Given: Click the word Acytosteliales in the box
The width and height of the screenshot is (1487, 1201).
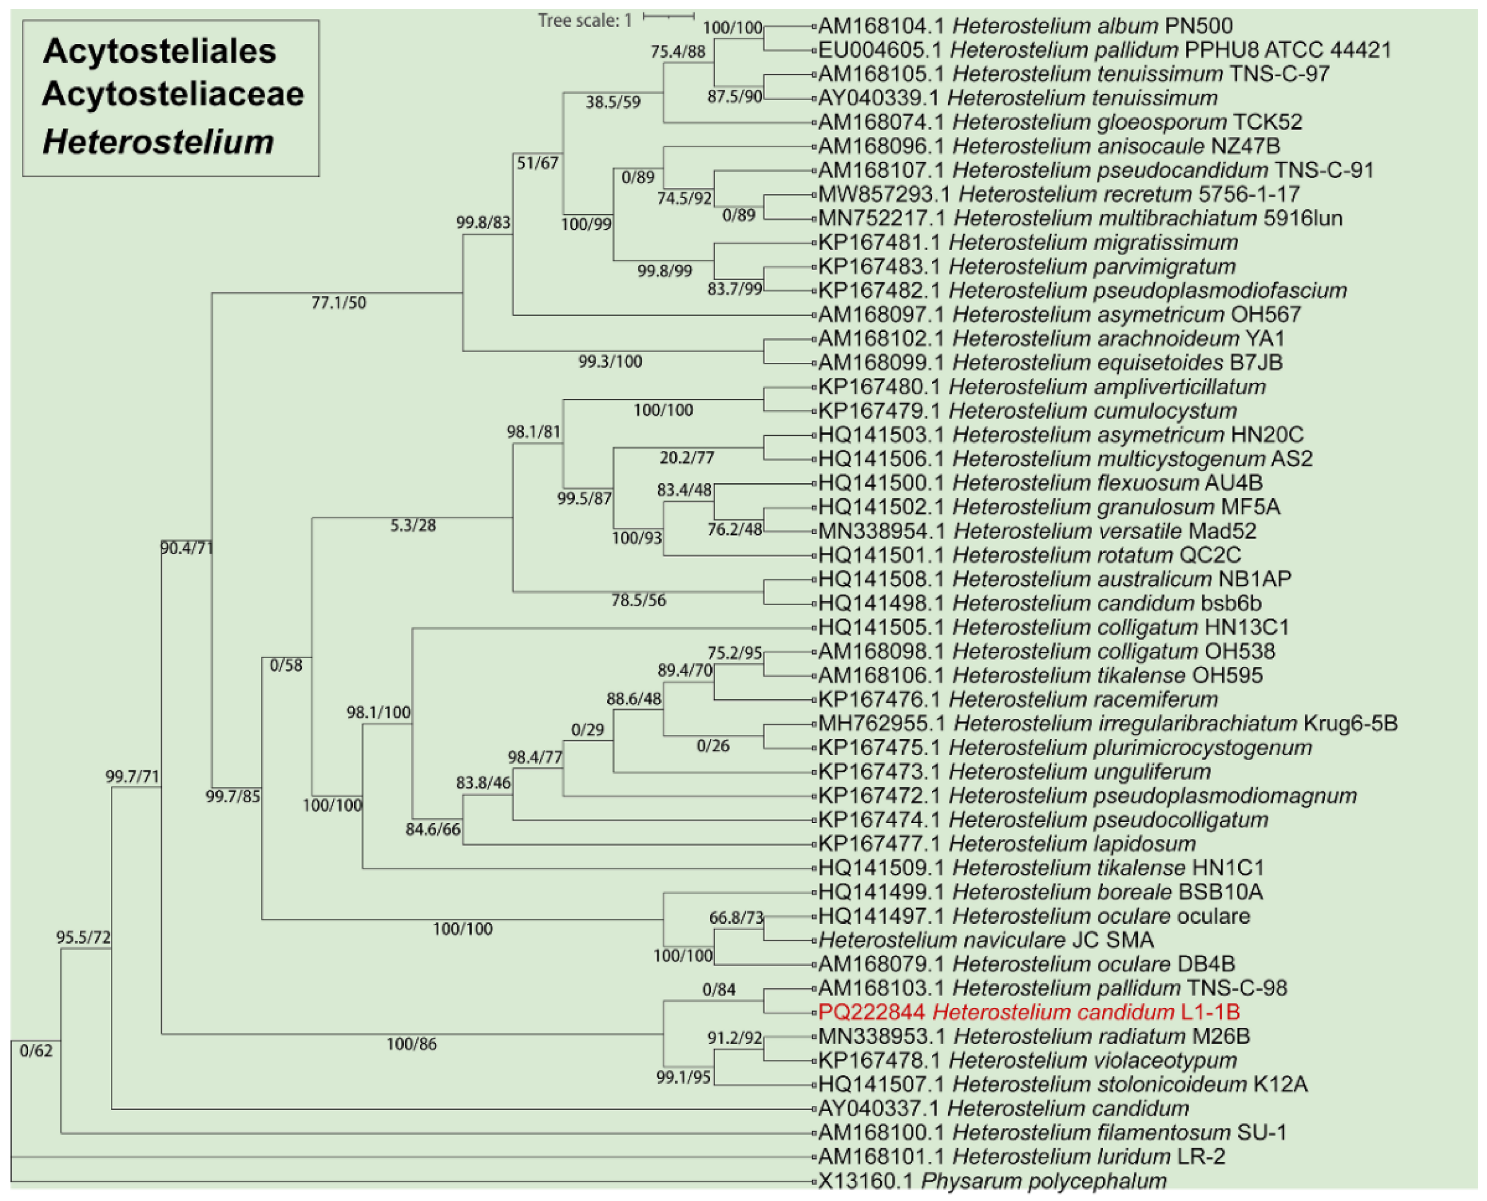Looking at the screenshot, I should (x=159, y=51).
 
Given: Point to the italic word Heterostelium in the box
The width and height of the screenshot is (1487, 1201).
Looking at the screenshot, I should (x=158, y=142).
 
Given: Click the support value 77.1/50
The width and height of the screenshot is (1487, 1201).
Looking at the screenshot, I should (x=338, y=303).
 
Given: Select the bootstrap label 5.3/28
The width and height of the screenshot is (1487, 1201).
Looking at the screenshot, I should (x=412, y=526).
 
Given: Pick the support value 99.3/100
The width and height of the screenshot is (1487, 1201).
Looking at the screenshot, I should (x=610, y=362).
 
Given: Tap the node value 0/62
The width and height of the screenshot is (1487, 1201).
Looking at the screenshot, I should (x=36, y=1051).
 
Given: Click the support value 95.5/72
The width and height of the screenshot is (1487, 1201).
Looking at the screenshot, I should (x=83, y=937).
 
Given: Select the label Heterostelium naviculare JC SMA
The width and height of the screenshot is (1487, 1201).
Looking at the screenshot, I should (x=986, y=940).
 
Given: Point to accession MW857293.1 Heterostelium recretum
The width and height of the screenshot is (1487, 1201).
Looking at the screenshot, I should (x=1059, y=195).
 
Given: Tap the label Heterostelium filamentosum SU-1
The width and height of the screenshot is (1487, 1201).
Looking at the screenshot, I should (x=1052, y=1132).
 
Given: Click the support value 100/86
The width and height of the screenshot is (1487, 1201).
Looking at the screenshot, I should (x=411, y=1044).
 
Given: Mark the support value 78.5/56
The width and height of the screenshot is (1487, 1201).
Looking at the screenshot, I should (x=638, y=600).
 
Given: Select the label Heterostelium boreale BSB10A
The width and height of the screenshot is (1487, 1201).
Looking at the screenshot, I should (x=1040, y=892).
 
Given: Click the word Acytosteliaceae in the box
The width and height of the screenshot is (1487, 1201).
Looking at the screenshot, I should (x=173, y=94).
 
